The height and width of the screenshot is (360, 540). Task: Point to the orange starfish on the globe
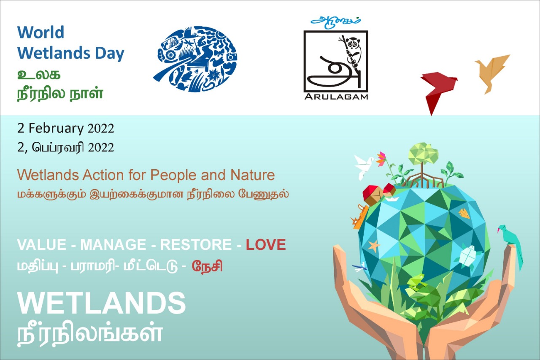click(x=374, y=246)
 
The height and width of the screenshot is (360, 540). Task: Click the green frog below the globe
click(x=416, y=282)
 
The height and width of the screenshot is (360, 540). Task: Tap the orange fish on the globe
click(x=464, y=214)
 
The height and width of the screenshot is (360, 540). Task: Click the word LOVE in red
click(x=266, y=245)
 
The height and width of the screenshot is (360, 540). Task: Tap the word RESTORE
click(x=196, y=245)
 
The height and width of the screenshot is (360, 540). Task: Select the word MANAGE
click(x=113, y=245)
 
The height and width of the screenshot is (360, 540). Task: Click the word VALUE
click(x=42, y=245)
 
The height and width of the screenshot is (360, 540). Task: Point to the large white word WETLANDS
click(x=102, y=303)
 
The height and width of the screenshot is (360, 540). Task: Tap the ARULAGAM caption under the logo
click(x=336, y=97)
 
